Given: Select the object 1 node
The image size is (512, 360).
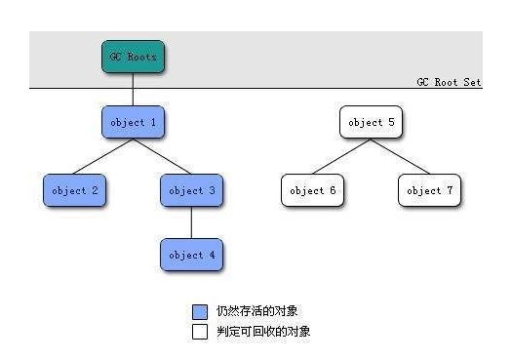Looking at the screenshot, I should (x=132, y=123).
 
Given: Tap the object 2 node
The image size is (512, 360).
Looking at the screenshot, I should (x=74, y=190).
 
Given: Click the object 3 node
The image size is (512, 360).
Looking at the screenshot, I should (x=191, y=190).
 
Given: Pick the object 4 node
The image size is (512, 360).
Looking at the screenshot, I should (x=191, y=255).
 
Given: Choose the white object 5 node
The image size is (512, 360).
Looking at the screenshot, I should (x=371, y=123).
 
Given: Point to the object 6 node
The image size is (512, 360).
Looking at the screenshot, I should (x=312, y=190).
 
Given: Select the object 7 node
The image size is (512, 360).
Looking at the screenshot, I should (x=429, y=190).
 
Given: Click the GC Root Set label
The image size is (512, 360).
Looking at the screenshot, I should (x=449, y=83).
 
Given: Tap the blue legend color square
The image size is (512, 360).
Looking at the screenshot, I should (x=200, y=311).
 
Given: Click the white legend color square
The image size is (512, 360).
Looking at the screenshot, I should (x=200, y=332).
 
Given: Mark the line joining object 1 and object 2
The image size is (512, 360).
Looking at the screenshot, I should (x=103, y=156).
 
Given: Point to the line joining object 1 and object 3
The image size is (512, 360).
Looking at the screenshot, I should (x=162, y=156).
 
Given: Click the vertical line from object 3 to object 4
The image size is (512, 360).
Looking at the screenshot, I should (x=191, y=222).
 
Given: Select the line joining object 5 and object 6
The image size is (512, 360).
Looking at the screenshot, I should (x=341, y=156).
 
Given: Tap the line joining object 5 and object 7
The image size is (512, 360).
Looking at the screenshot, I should (x=400, y=156).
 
